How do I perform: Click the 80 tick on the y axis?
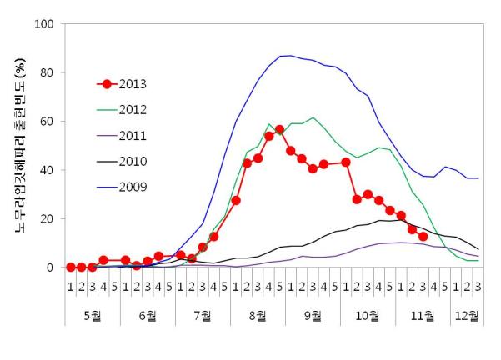click(48, 72)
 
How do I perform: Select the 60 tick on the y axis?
click(48, 122)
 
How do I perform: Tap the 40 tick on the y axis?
click(48, 170)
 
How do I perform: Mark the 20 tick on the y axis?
click(48, 218)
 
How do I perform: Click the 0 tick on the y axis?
click(51, 267)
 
